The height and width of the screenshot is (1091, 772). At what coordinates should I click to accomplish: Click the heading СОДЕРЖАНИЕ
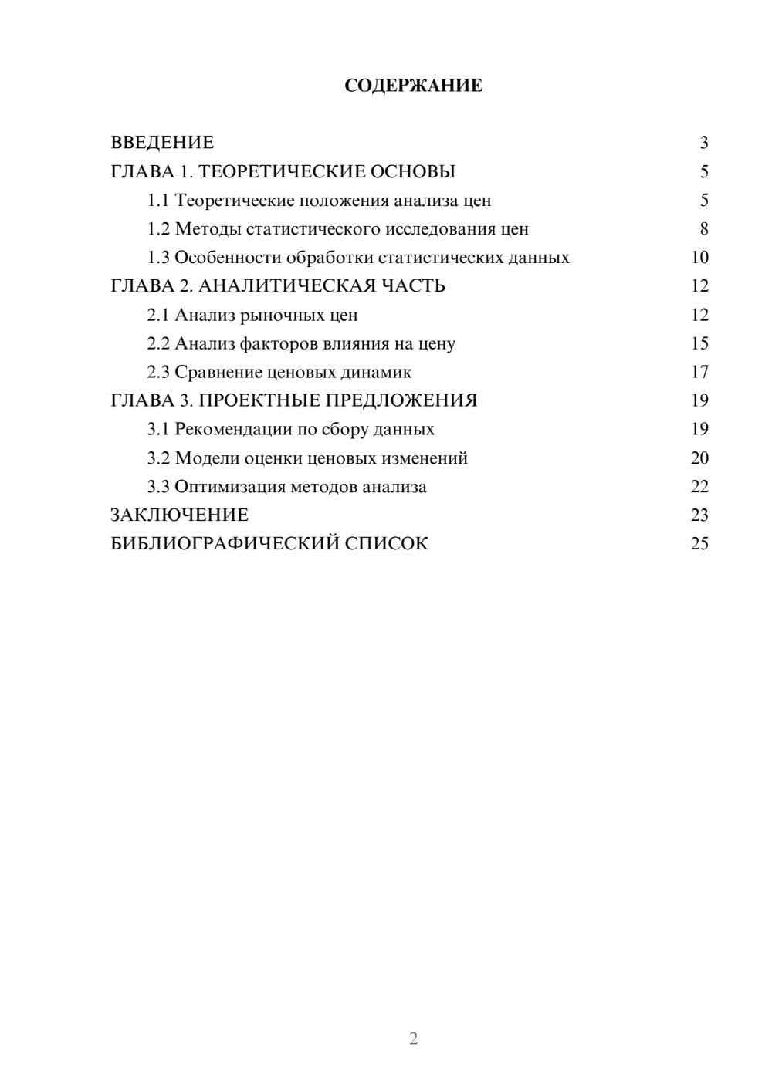click(x=413, y=86)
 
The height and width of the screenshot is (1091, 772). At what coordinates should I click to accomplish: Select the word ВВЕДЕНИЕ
click(x=162, y=143)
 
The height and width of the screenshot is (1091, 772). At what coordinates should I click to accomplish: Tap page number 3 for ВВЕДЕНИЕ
click(x=703, y=143)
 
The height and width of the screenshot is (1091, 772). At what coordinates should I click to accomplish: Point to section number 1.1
click(x=158, y=201)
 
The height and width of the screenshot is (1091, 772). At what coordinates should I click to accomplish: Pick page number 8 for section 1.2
click(x=703, y=229)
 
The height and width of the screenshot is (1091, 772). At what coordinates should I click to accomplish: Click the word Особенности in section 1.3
click(x=228, y=258)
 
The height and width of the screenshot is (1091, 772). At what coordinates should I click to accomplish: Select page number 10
click(x=699, y=258)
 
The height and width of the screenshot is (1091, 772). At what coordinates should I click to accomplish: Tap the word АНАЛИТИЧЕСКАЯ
click(x=287, y=286)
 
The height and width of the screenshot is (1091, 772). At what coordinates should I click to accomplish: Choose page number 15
click(x=699, y=343)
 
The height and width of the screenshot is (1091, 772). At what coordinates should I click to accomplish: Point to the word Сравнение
click(x=218, y=372)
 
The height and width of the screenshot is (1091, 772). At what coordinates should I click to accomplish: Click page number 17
click(x=699, y=372)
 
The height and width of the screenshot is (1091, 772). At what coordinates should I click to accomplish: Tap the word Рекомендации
click(x=233, y=429)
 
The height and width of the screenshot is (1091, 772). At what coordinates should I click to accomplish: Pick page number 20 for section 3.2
click(x=699, y=458)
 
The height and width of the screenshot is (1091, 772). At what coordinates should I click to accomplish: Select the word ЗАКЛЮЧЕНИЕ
click(x=179, y=515)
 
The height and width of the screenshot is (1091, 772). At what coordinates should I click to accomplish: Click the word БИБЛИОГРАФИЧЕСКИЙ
click(x=224, y=544)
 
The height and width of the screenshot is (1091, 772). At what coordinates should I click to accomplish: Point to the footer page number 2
click(x=413, y=1039)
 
